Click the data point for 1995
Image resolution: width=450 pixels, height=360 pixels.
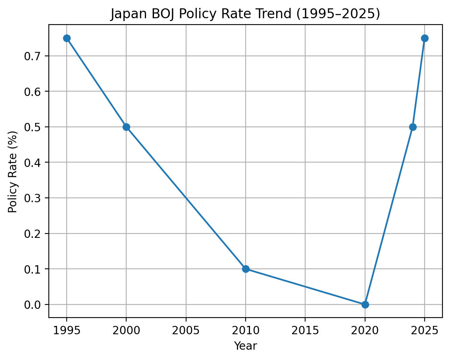tap(67, 38)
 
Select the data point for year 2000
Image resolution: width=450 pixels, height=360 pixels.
tap(126, 127)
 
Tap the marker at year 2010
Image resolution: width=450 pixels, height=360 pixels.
tap(246, 269)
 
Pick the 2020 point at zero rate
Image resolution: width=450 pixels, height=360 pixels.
tap(365, 304)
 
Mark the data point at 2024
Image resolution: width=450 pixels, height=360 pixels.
tap(413, 127)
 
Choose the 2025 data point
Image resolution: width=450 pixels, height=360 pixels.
tap(425, 38)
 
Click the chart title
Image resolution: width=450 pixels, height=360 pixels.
tap(245, 14)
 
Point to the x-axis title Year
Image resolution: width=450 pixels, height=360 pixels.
tap(245, 346)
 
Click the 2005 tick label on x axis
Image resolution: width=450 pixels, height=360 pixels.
tap(186, 330)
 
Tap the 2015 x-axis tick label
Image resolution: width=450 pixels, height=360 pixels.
tap(305, 330)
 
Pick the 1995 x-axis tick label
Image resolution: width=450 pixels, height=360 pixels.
tap(67, 330)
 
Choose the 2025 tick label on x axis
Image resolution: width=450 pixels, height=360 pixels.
tap(425, 330)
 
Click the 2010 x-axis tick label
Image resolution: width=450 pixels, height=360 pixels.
tap(246, 330)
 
